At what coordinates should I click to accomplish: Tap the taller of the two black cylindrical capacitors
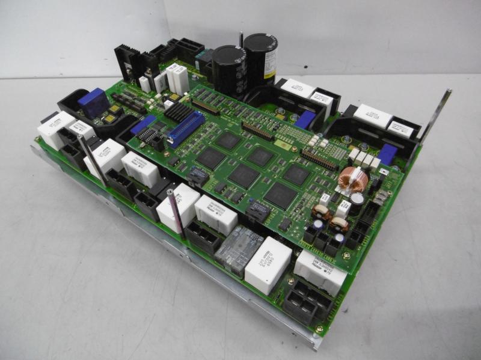click(x=260, y=60)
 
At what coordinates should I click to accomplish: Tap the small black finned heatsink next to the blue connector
click(x=179, y=111)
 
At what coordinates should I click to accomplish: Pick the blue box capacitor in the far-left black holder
click(x=94, y=103)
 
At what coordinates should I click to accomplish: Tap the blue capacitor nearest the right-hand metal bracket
click(x=387, y=154)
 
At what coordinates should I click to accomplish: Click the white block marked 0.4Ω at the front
click(x=268, y=265)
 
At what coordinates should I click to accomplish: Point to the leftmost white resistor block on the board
click(x=56, y=130)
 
